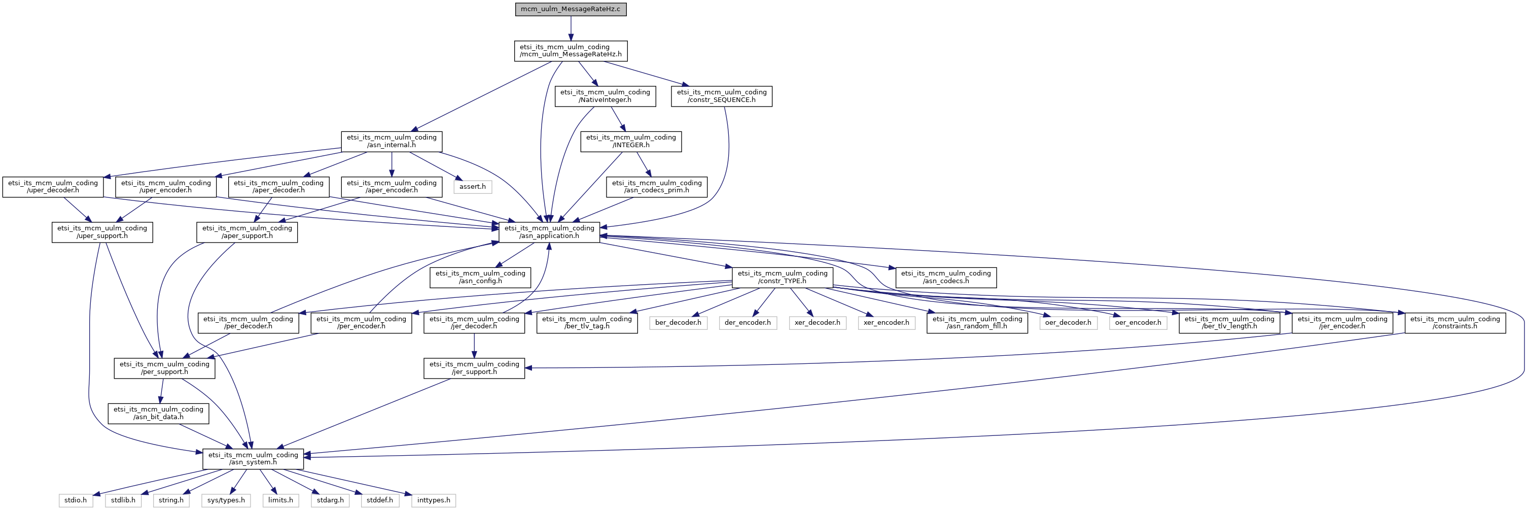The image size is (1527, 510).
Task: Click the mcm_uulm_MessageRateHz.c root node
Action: point(570,10)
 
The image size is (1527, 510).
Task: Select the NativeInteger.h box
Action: point(605,96)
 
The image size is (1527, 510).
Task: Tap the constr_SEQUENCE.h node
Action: point(722,96)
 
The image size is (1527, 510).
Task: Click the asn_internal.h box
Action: point(391,141)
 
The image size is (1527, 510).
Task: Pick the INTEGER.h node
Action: point(631,141)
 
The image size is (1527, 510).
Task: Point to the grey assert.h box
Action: point(473,187)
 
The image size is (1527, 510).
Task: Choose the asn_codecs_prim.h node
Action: point(656,187)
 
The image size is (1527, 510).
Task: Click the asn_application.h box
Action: point(549,232)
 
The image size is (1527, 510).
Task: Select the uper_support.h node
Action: point(102,232)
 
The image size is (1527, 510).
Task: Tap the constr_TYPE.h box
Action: point(782,277)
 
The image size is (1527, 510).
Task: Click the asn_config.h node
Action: point(480,277)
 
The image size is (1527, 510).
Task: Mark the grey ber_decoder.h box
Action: point(678,323)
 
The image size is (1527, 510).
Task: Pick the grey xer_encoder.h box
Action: point(886,323)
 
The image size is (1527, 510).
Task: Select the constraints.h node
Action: point(1454,323)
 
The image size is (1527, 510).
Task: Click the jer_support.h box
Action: point(474,368)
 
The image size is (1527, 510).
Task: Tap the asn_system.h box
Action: point(253,458)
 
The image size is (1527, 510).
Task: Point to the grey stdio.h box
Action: point(75,500)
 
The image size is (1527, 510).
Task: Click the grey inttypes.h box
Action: point(433,500)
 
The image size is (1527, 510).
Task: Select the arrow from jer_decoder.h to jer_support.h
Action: point(474,346)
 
